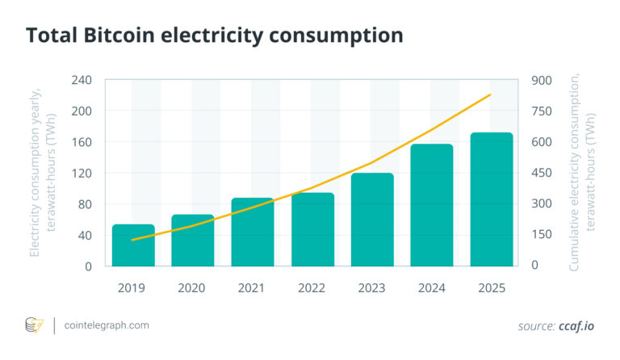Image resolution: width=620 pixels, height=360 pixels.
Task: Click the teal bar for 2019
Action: pyautogui.click(x=133, y=245)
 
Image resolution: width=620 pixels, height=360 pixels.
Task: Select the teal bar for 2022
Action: pyautogui.click(x=312, y=229)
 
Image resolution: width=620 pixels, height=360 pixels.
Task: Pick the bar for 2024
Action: pyautogui.click(x=432, y=205)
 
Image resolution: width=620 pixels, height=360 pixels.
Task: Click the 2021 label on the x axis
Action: pyautogui.click(x=253, y=287)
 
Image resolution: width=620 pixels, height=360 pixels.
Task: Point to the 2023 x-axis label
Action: pyautogui.click(x=372, y=287)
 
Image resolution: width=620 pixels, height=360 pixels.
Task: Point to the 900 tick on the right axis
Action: pyautogui.click(x=540, y=81)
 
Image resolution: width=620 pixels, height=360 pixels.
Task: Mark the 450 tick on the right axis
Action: pyautogui.click(x=540, y=174)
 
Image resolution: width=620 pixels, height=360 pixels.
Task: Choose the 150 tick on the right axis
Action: pyautogui.click(x=540, y=236)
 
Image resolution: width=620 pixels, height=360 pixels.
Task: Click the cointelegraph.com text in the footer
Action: pyautogui.click(x=105, y=325)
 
